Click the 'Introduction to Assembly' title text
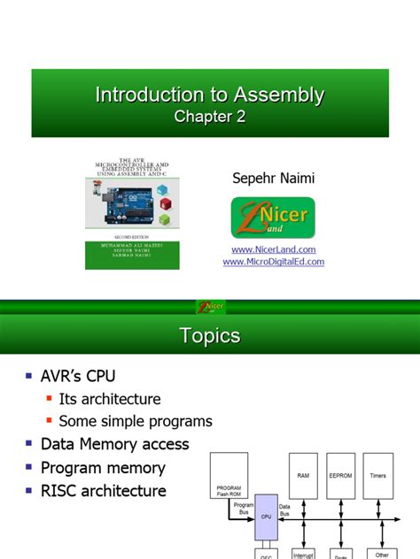tap(209, 95)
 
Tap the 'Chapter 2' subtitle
tap(209, 117)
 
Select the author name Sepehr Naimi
tap(272, 179)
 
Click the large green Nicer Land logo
tap(272, 218)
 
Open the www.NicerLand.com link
tap(272, 249)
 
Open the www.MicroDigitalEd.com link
tap(273, 262)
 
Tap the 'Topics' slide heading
tap(210, 336)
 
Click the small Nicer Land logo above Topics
tap(210, 307)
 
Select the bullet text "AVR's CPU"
tap(78, 376)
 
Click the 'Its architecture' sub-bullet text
tap(110, 399)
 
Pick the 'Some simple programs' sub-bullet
tap(136, 421)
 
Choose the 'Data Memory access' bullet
tap(115, 444)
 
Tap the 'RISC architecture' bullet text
tap(103, 491)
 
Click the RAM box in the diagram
tap(303, 475)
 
